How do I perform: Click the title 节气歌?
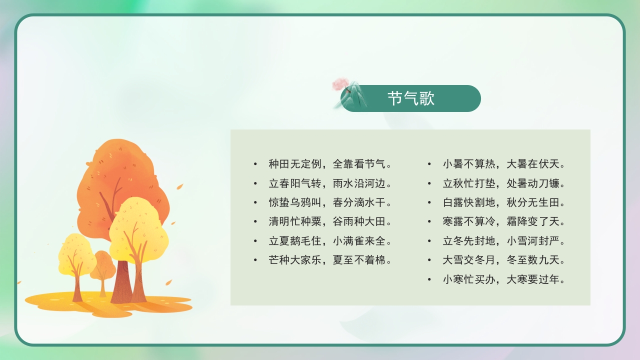(x=411, y=98)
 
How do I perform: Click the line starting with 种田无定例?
(x=329, y=164)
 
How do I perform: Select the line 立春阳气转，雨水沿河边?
(x=329, y=183)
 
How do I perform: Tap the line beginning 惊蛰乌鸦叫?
(x=329, y=202)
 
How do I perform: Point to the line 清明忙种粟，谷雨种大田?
(x=329, y=221)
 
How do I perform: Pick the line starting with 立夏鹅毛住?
(x=329, y=241)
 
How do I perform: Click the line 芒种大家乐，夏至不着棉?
(x=329, y=260)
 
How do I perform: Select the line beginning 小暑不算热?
(x=504, y=164)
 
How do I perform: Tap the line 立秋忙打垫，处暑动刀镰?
(x=504, y=183)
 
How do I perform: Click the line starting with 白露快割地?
(x=504, y=202)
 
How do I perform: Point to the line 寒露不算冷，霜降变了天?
(x=504, y=221)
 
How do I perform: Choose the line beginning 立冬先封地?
(x=504, y=241)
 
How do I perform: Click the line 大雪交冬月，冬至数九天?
(x=504, y=260)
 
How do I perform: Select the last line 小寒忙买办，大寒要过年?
(x=504, y=279)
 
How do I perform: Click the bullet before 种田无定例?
(x=255, y=164)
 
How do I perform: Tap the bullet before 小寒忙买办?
(x=429, y=279)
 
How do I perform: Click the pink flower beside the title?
(x=341, y=83)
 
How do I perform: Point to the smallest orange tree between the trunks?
(x=103, y=265)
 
